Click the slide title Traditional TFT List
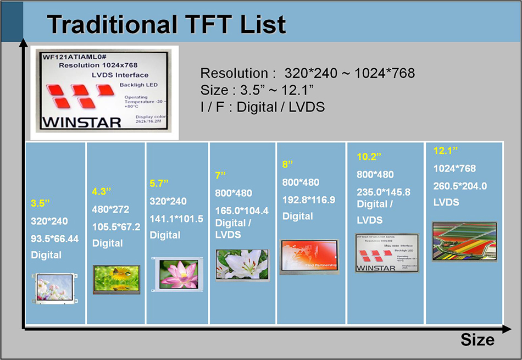click(166, 25)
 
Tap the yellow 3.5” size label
click(40, 203)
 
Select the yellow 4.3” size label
click(102, 191)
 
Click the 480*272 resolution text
click(111, 209)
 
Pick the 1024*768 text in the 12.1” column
click(454, 168)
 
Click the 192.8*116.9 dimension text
click(309, 199)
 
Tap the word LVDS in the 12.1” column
click(446, 203)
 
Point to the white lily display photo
click(243, 266)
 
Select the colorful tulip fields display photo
click(464, 241)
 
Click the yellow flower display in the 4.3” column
click(116, 278)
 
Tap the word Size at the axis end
click(477, 339)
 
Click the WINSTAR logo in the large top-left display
click(75, 121)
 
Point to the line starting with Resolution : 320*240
click(307, 73)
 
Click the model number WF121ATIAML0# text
click(74, 56)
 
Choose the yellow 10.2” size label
click(370, 157)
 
